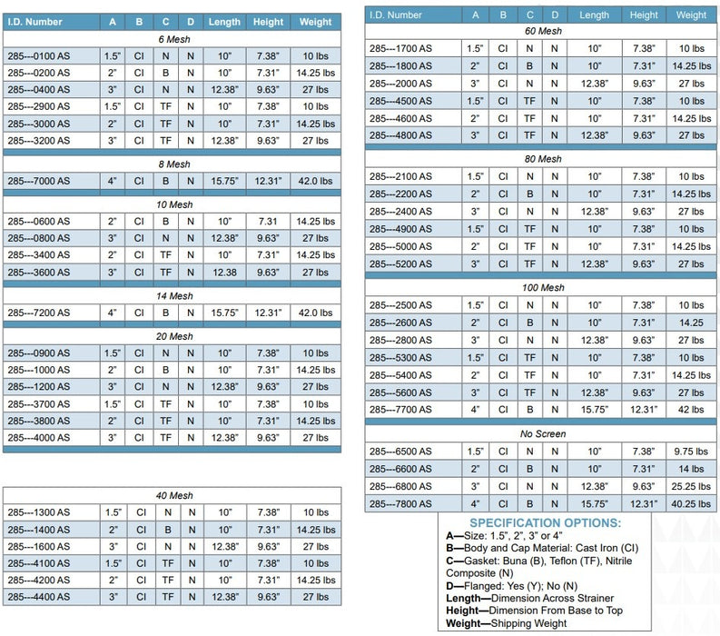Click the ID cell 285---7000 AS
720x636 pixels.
tap(38, 181)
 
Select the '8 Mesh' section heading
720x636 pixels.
tap(174, 164)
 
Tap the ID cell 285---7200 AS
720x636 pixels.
tap(38, 313)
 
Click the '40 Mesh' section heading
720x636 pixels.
tap(174, 495)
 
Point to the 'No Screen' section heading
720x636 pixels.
tap(543, 433)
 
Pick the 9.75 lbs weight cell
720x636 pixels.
tap(691, 452)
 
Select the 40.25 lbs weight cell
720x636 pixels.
tap(691, 504)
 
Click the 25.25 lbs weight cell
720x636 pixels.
tap(691, 486)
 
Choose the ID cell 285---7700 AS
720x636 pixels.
tap(400, 410)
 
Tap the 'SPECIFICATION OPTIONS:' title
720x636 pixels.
tap(545, 523)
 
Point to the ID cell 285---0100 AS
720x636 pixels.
tap(38, 56)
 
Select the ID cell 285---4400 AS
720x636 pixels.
tap(38, 597)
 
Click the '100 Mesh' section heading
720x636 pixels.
tap(543, 288)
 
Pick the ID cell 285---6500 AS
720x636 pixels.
tap(400, 452)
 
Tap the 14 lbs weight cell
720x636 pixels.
tap(691, 469)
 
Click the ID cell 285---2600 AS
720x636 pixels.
tap(400, 323)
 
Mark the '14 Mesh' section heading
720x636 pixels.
tap(174, 296)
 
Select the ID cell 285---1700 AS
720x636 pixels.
tap(400, 48)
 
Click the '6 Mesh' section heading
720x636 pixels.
tap(174, 39)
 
